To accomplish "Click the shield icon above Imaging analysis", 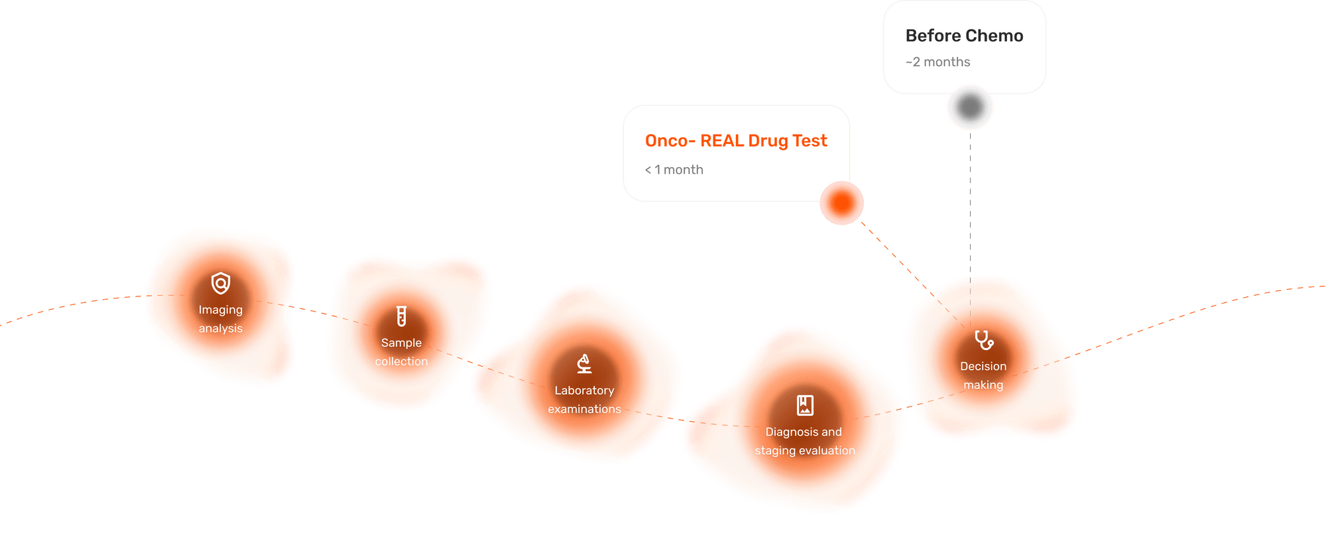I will pos(221,283).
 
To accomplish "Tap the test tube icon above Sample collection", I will pos(401,316).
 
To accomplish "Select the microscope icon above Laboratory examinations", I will pos(584,363).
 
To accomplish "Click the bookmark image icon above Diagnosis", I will pos(805,404).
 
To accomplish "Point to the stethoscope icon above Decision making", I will pos(984,340).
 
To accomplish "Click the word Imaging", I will pos(220,310).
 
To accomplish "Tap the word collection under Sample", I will pos(401,361).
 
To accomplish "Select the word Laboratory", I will pos(584,391).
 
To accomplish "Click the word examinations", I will pos(584,409).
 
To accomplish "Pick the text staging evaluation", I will pos(805,451).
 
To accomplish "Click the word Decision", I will pos(983,366).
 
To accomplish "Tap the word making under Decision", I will pos(983,385).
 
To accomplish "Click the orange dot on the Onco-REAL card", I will pos(842,203).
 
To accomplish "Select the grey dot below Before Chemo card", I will pos(970,107).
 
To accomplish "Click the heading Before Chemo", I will pos(964,36).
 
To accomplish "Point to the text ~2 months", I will pos(937,62).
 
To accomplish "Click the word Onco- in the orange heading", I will pos(670,141).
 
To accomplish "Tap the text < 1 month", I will pos(674,170).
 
